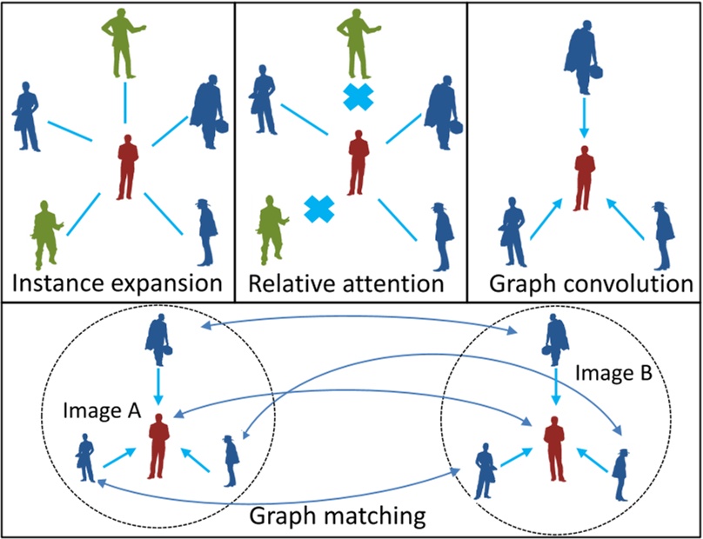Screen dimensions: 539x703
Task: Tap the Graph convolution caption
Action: (x=585, y=283)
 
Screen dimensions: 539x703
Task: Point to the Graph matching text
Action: (x=338, y=516)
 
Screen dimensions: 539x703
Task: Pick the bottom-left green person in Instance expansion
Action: (x=44, y=233)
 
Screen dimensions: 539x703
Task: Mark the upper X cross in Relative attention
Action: (x=358, y=97)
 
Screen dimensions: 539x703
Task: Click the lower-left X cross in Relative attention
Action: (x=319, y=208)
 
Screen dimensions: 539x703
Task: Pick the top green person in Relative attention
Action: (x=354, y=42)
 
